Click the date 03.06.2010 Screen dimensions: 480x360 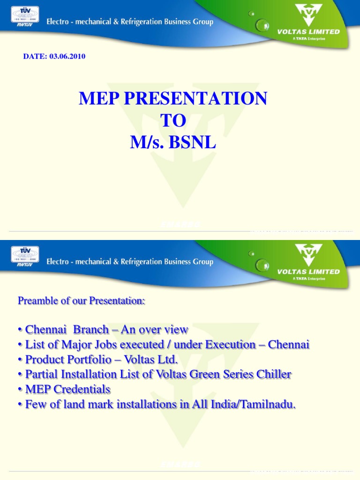pos(54,57)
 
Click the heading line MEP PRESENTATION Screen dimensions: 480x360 pos(173,98)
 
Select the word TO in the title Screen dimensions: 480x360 pos(173,120)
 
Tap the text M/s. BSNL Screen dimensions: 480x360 pos(173,142)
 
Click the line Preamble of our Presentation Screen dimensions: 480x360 pos(82,301)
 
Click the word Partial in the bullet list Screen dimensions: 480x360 pos(39,375)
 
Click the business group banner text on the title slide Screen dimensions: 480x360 pos(130,22)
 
